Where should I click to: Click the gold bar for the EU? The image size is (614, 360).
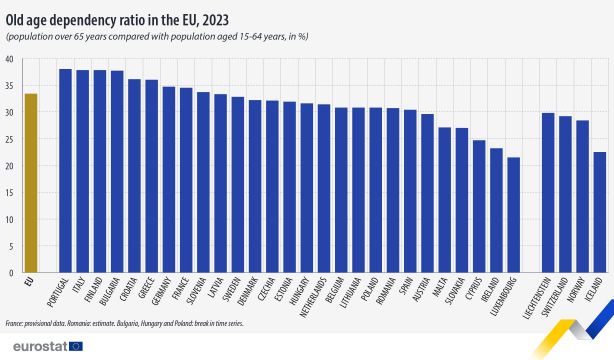click(x=31, y=183)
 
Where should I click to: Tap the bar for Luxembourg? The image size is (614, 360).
click(x=514, y=214)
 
